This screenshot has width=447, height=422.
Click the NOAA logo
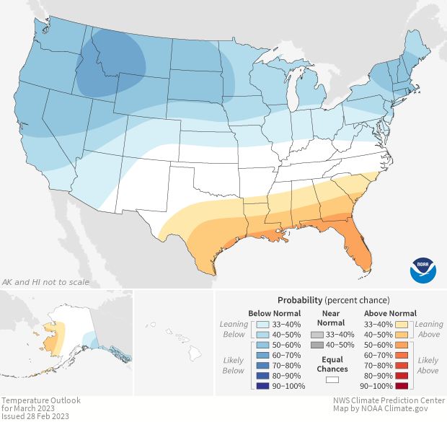coord(423,269)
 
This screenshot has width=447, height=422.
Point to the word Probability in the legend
coord(299,299)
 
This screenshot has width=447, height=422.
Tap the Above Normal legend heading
coord(390,313)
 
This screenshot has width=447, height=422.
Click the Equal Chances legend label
coord(332,364)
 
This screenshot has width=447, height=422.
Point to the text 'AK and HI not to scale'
coord(46,281)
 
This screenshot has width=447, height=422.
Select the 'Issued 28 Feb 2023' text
coord(36,416)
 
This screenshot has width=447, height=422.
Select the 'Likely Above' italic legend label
coord(428,365)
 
